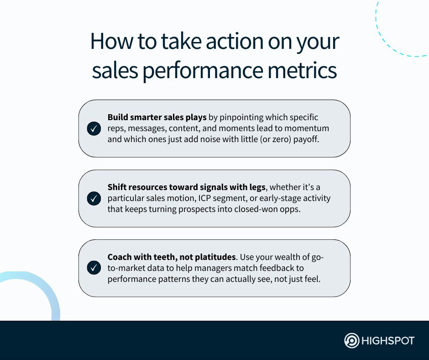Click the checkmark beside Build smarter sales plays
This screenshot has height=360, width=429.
point(94,129)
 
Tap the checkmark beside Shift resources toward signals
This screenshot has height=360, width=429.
point(94,199)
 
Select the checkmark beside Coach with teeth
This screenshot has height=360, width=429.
point(94,268)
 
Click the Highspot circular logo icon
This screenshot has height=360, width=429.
point(351,341)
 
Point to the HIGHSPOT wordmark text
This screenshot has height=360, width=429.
point(387,341)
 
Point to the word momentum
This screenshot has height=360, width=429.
point(307,128)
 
